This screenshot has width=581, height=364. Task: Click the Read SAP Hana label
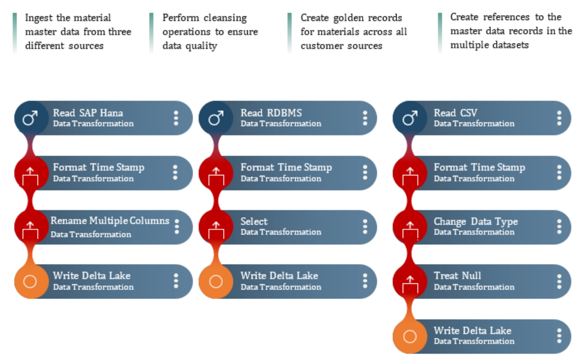88,113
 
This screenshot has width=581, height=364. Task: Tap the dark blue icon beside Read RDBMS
216,118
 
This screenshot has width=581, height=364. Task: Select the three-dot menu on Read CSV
559,118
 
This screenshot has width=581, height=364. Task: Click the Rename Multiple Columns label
110,221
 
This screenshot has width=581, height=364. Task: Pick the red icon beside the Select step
216,227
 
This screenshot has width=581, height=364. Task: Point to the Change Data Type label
476,221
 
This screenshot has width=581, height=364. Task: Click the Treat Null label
457,275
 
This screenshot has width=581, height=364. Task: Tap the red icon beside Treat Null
410,281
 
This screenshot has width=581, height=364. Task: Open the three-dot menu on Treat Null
559,282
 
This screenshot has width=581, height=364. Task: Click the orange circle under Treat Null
410,336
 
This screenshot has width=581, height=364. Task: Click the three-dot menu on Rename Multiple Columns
177,227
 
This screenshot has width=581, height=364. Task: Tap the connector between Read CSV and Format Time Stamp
410,146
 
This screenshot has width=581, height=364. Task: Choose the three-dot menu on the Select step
365,227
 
